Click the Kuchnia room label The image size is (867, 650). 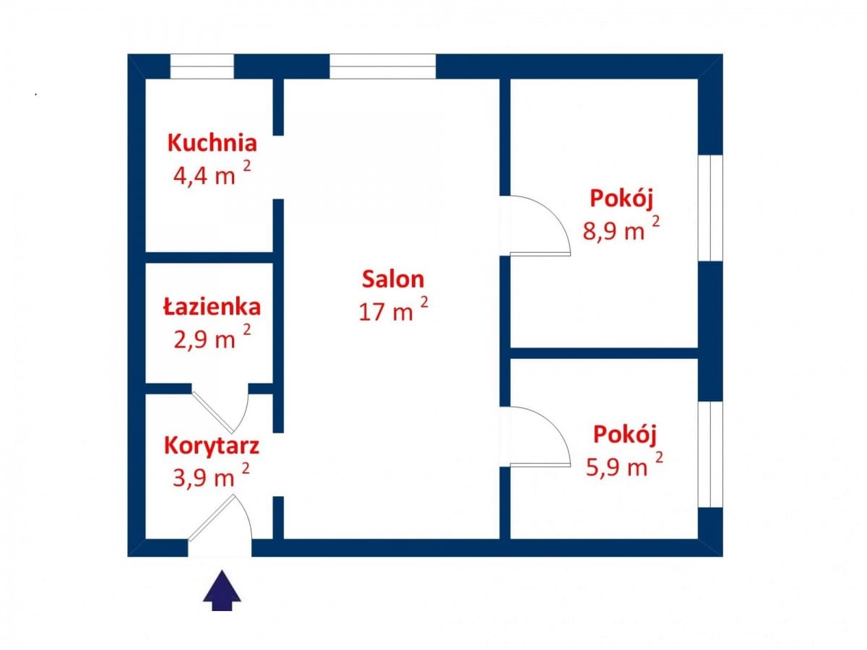(212, 142)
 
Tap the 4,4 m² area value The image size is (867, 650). (212, 175)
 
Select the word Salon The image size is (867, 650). (393, 279)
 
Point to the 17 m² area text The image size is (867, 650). (393, 311)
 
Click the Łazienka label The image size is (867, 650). (212, 306)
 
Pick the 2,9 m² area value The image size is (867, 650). (212, 338)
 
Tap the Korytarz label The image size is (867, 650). (212, 444)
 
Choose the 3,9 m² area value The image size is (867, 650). (212, 477)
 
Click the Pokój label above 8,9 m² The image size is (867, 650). (626, 198)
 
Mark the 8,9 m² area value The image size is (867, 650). (621, 230)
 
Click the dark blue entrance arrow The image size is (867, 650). (222, 590)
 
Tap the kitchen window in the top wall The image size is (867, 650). (202, 66)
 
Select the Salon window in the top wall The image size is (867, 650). (383, 66)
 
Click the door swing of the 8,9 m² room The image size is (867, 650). (538, 226)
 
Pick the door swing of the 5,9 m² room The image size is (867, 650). (538, 436)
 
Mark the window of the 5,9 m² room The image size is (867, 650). (710, 454)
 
